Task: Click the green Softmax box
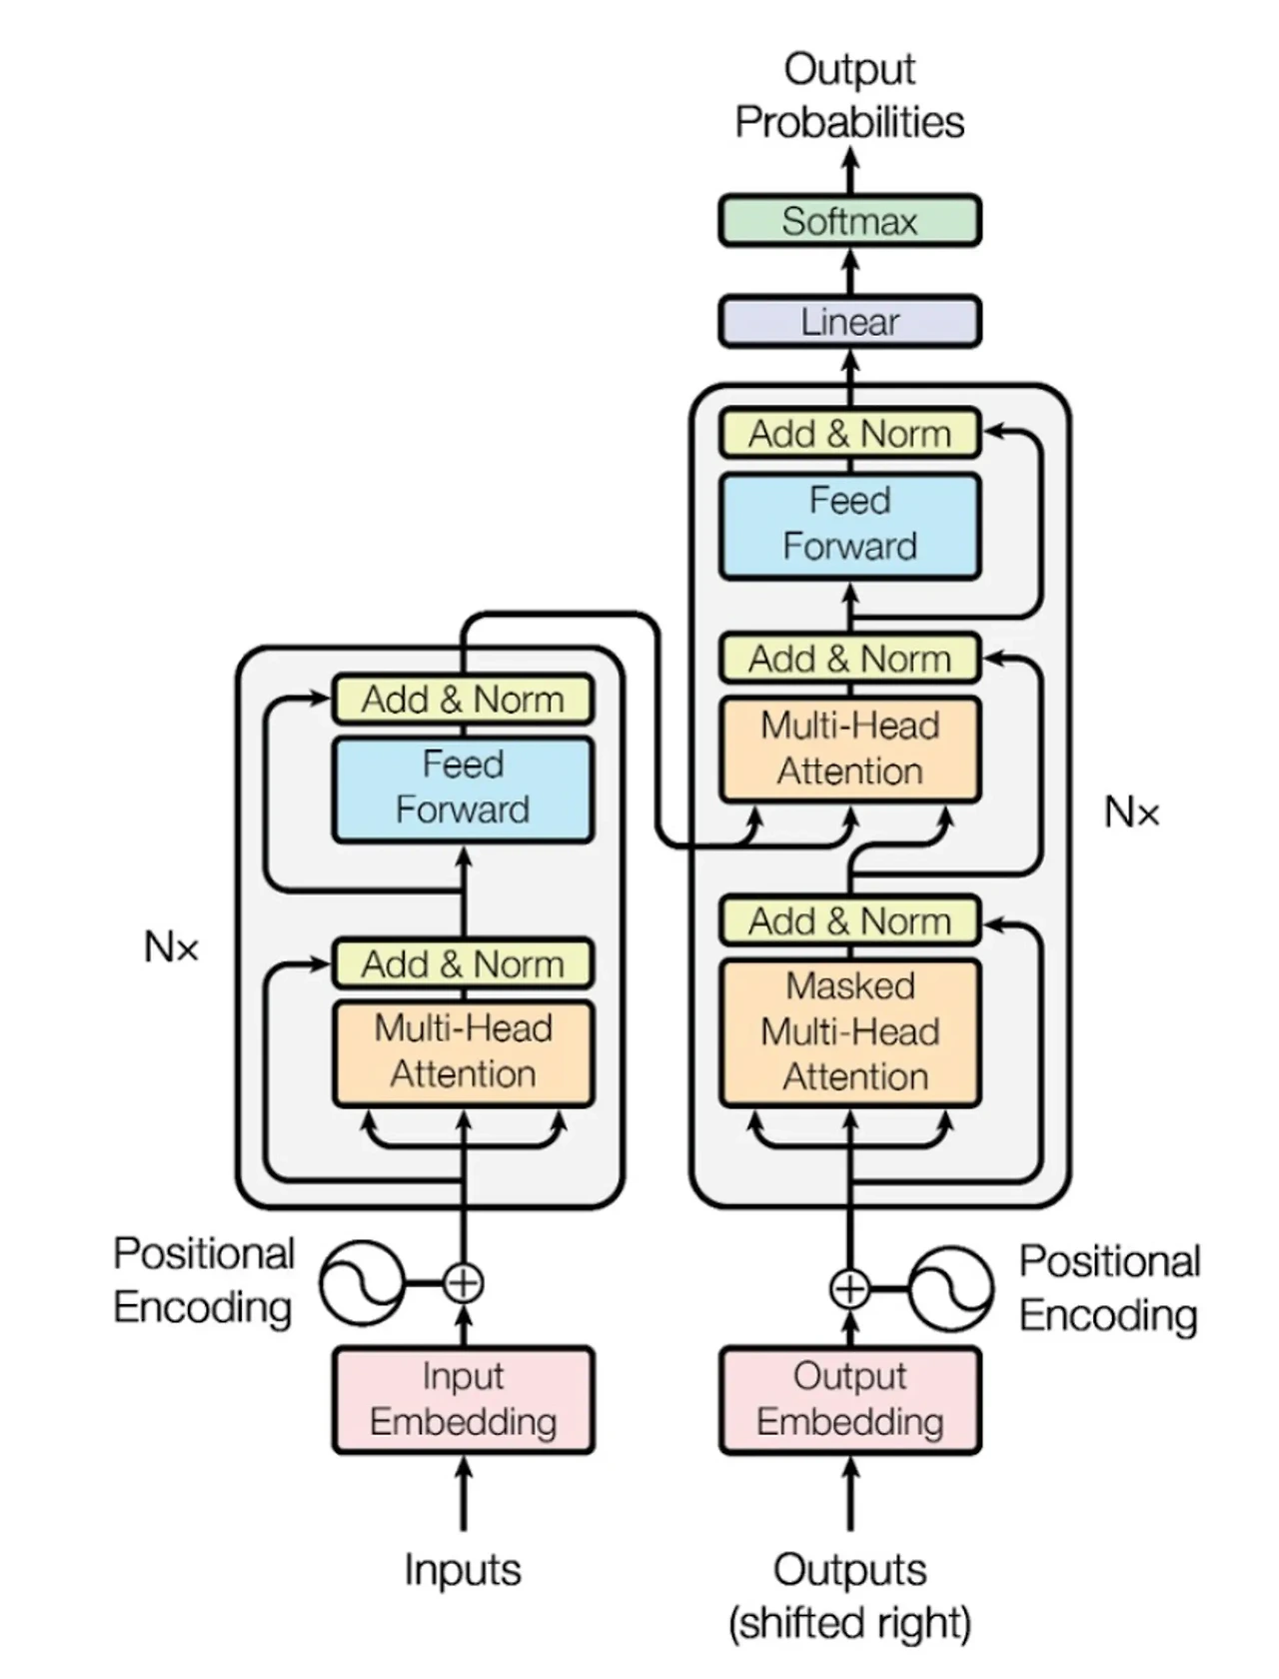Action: (x=849, y=221)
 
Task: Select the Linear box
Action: (x=849, y=322)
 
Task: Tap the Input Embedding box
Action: (x=463, y=1399)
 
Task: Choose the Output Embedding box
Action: (x=849, y=1399)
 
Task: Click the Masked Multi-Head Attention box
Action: (x=849, y=1032)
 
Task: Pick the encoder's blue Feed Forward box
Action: (x=463, y=788)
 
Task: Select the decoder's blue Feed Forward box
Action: (x=849, y=525)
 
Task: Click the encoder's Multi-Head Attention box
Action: (x=463, y=1052)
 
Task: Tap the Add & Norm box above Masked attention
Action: (x=849, y=921)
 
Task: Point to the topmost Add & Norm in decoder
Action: (x=849, y=434)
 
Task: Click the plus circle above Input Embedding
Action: (x=463, y=1282)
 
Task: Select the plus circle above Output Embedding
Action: (x=849, y=1289)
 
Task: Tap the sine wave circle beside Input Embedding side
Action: (x=361, y=1282)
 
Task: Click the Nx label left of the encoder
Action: (x=171, y=946)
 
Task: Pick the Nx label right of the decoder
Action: (x=1131, y=813)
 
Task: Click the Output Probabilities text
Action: (x=849, y=96)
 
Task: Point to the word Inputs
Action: (x=463, y=1570)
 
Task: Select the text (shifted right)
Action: (x=849, y=1623)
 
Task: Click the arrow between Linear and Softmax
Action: (x=849, y=271)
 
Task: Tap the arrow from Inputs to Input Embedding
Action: (x=463, y=1494)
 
